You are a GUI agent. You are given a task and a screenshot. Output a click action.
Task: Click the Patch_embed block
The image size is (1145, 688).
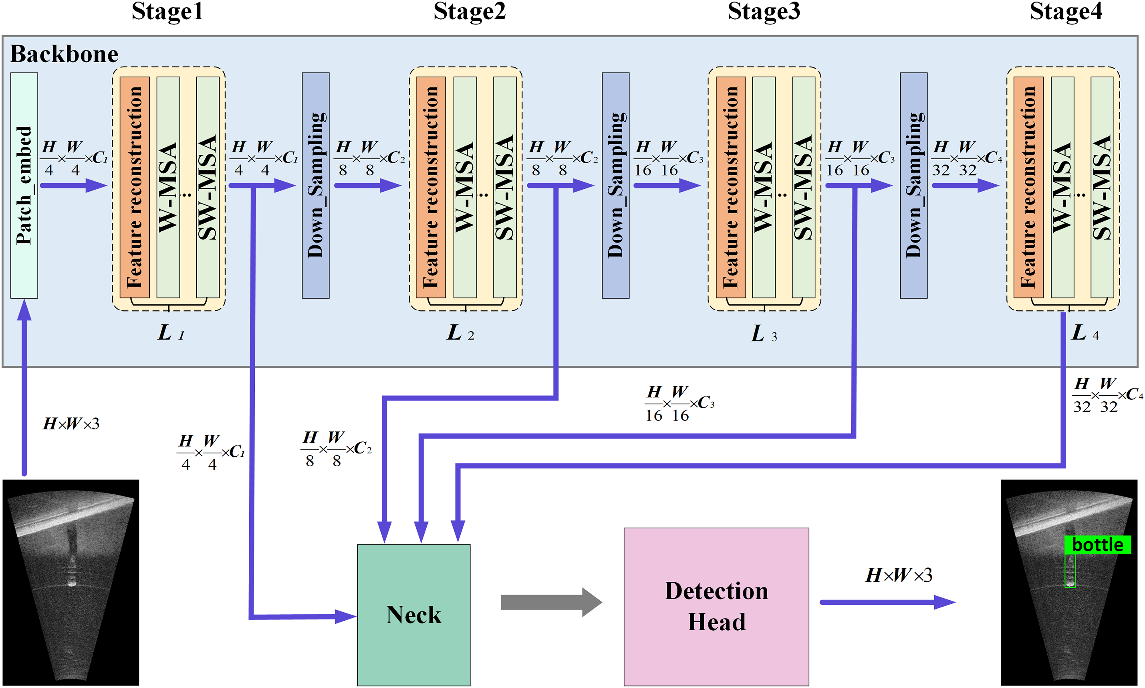pyautogui.click(x=24, y=186)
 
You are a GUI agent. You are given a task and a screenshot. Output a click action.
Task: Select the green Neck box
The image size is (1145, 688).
pyautogui.click(x=413, y=615)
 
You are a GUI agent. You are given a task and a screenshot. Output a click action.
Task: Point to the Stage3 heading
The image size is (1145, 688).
pyautogui.click(x=764, y=12)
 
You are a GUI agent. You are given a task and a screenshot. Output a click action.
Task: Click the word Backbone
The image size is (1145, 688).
pyautogui.click(x=65, y=54)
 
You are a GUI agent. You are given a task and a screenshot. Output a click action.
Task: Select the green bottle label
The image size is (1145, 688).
pyautogui.click(x=1097, y=545)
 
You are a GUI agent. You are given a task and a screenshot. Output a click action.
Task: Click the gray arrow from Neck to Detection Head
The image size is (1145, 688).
pyautogui.click(x=551, y=602)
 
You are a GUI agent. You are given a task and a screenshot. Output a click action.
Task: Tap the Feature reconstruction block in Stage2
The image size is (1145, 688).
pyautogui.click(x=430, y=187)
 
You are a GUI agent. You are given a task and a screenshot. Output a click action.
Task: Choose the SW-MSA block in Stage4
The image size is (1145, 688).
pyautogui.click(x=1103, y=187)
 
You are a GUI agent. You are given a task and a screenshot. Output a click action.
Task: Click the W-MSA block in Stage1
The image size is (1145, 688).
pyautogui.click(x=168, y=187)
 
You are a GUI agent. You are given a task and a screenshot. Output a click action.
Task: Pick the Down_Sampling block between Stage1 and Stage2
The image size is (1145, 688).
pyautogui.click(x=315, y=186)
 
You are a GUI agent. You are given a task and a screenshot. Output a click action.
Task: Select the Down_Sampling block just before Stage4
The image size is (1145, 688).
pyautogui.click(x=913, y=186)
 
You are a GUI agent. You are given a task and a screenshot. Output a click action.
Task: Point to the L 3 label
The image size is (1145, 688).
pyautogui.click(x=764, y=334)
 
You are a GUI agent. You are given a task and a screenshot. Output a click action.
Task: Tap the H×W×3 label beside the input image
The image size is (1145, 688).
pyautogui.click(x=71, y=424)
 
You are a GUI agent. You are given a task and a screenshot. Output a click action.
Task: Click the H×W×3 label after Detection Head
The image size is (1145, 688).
pyautogui.click(x=899, y=575)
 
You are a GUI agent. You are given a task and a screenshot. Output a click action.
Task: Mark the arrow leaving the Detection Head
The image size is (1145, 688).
pyautogui.click(x=888, y=602)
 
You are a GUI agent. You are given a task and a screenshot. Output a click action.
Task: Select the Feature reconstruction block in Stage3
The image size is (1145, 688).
pyautogui.click(x=730, y=187)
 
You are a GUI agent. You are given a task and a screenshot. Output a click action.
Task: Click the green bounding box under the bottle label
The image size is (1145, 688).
pyautogui.click(x=1070, y=570)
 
